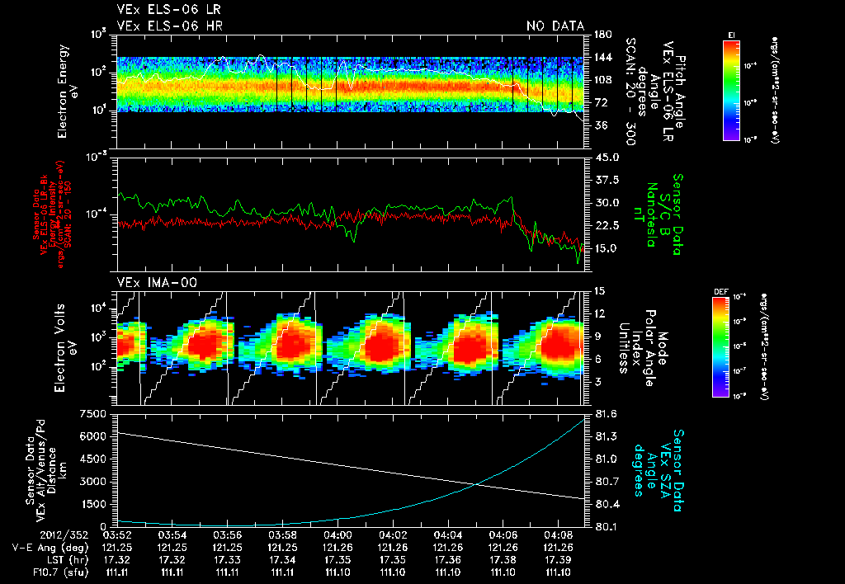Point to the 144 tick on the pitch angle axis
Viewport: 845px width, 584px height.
point(601,57)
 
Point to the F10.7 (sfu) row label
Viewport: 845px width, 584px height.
point(37,572)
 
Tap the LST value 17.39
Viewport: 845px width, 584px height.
point(558,559)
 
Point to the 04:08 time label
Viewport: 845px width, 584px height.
point(558,535)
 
